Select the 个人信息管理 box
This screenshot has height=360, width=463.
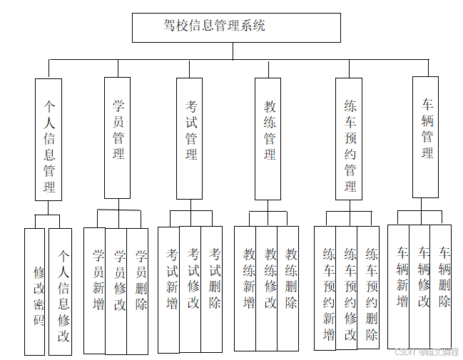(49, 139)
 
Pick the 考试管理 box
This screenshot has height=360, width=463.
(190, 138)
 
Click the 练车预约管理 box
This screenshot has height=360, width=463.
(349, 139)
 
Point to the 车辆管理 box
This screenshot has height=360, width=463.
(425, 137)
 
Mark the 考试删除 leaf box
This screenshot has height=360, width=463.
(212, 289)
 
